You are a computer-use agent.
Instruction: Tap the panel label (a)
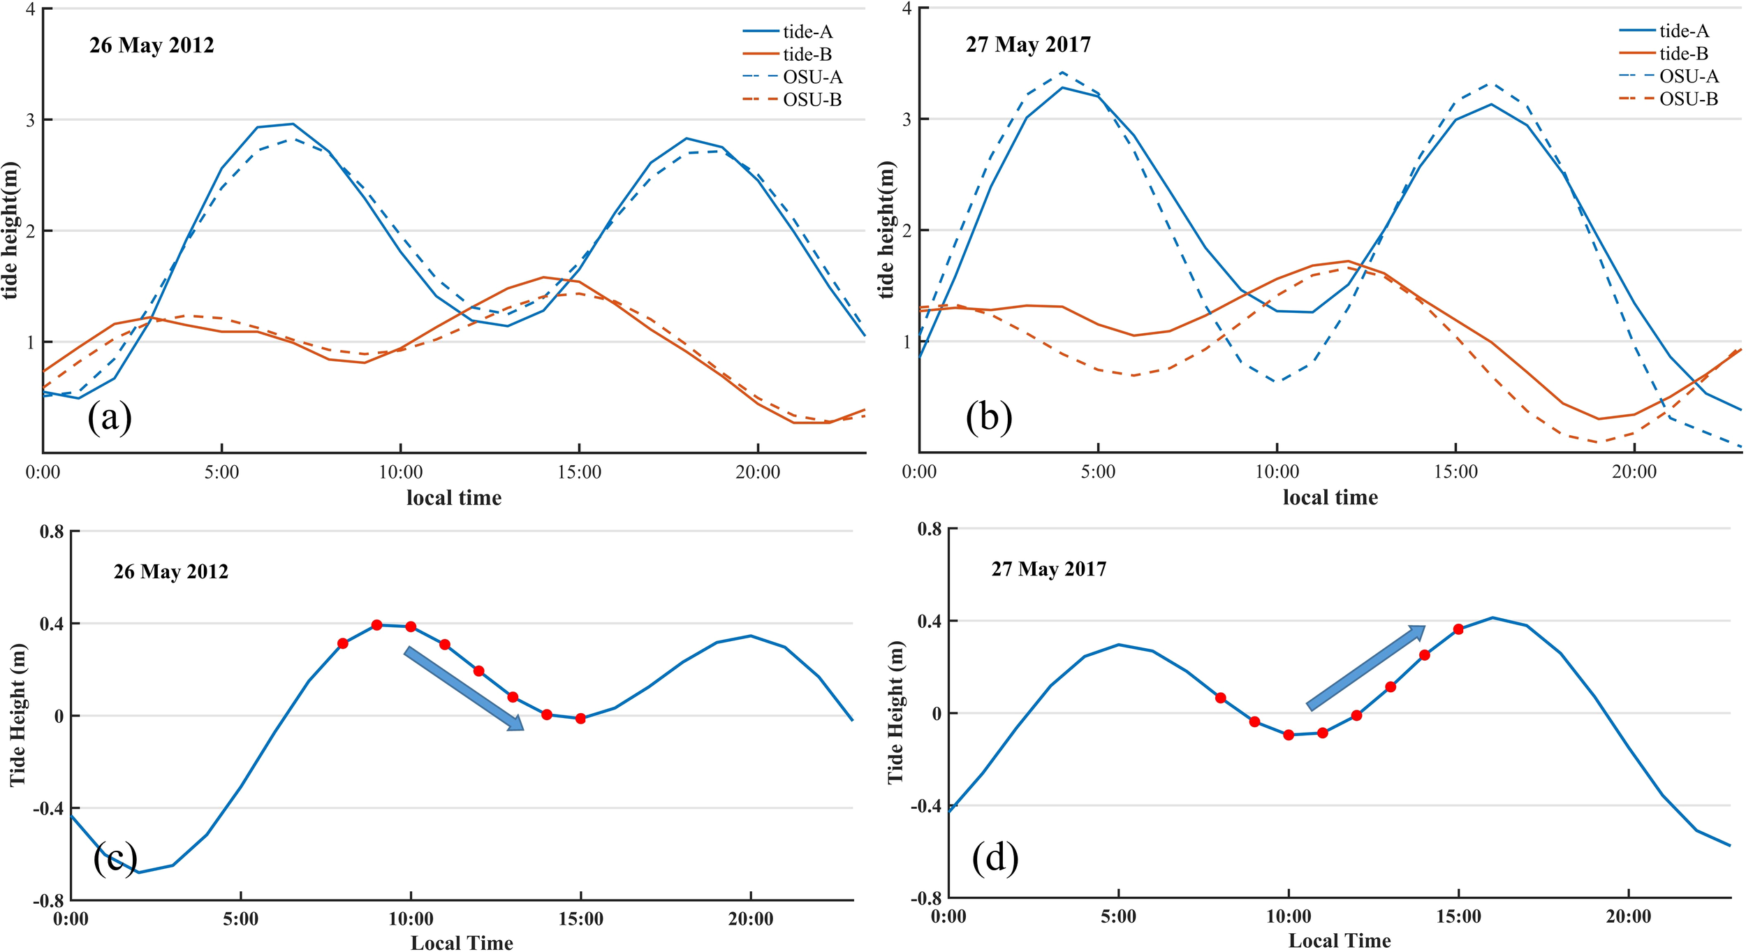pos(110,418)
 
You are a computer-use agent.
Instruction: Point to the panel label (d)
pos(995,858)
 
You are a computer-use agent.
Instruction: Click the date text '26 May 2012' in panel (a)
pos(152,45)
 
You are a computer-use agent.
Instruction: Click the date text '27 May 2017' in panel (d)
pos(1048,569)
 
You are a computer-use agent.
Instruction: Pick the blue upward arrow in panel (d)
pos(1365,668)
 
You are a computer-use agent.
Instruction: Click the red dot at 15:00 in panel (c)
pos(580,719)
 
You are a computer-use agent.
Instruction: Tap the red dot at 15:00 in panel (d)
pos(1458,629)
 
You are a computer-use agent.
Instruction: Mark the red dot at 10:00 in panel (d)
pos(1289,735)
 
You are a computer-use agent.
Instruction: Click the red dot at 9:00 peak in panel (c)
pos(376,625)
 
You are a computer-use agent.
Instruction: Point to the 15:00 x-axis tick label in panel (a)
pos(579,473)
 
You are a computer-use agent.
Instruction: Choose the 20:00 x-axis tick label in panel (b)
pos(1634,472)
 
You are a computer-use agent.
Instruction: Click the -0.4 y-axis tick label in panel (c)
pos(47,809)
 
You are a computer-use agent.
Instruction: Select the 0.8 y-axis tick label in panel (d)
pos(929,529)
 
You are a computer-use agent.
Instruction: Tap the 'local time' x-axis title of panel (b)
pos(1330,498)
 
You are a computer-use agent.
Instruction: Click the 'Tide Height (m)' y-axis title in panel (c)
pos(18,716)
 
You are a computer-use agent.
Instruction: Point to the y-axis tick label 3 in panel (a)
pos(30,120)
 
